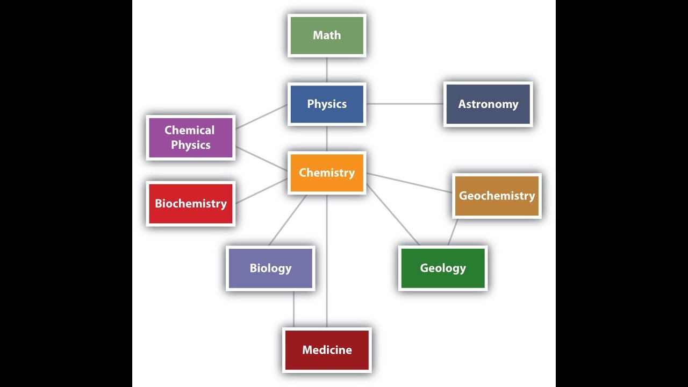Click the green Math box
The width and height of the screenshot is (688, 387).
click(x=327, y=35)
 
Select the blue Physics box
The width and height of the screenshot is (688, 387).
click(x=327, y=104)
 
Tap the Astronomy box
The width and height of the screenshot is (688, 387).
click(x=488, y=104)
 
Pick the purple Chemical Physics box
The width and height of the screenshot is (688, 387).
click(x=191, y=138)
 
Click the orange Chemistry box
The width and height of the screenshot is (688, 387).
click(x=327, y=173)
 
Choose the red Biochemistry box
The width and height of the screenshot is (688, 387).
click(x=191, y=204)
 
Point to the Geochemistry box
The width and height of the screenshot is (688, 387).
click(x=497, y=196)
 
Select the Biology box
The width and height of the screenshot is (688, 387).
click(x=270, y=268)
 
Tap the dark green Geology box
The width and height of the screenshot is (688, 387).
click(x=443, y=268)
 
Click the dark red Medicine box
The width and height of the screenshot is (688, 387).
click(x=327, y=350)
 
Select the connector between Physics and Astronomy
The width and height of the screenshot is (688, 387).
click(x=405, y=104)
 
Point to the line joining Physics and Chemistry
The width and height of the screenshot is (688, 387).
click(x=327, y=139)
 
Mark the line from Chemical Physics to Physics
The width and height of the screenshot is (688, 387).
click(x=261, y=117)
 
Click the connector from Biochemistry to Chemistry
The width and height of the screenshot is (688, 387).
click(x=261, y=191)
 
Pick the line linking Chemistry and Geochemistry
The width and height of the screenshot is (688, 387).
click(x=409, y=183)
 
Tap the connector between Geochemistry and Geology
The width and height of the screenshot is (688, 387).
click(x=453, y=232)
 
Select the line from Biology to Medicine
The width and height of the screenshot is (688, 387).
click(x=293, y=309)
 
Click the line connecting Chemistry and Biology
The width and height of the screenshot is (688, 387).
click(x=288, y=220)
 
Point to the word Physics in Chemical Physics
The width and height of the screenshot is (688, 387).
click(x=191, y=145)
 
